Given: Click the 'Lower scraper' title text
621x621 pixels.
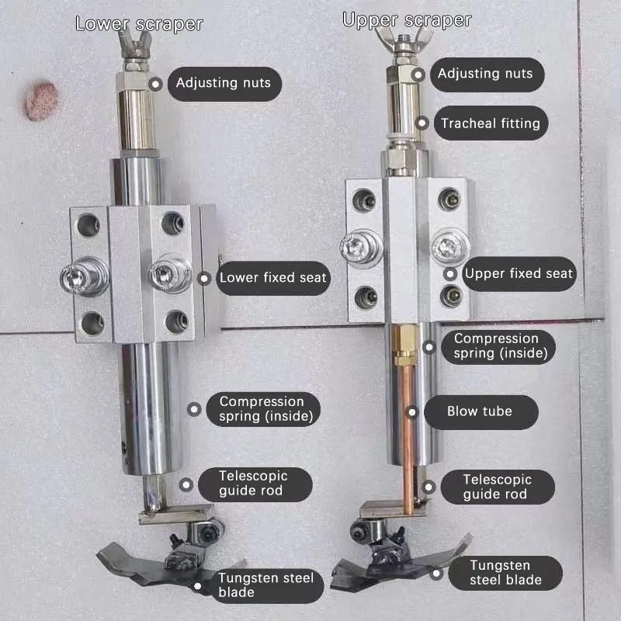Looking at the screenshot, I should pyautogui.click(x=139, y=23).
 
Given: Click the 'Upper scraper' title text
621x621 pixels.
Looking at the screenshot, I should pyautogui.click(x=407, y=20).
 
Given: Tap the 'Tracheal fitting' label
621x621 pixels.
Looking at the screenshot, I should pyautogui.click(x=490, y=123).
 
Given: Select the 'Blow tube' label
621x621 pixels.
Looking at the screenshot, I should pyautogui.click(x=479, y=411).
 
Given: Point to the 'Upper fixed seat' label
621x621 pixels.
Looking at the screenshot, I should pyautogui.click(x=518, y=273).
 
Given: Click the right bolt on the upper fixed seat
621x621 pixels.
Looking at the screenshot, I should pyautogui.click(x=448, y=248).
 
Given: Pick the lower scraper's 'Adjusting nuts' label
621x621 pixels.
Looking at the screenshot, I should pyautogui.click(x=223, y=82).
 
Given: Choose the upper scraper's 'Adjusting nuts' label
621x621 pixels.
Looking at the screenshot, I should pyautogui.click(x=484, y=74).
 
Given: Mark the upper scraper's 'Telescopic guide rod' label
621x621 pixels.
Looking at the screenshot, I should pyautogui.click(x=495, y=487).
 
